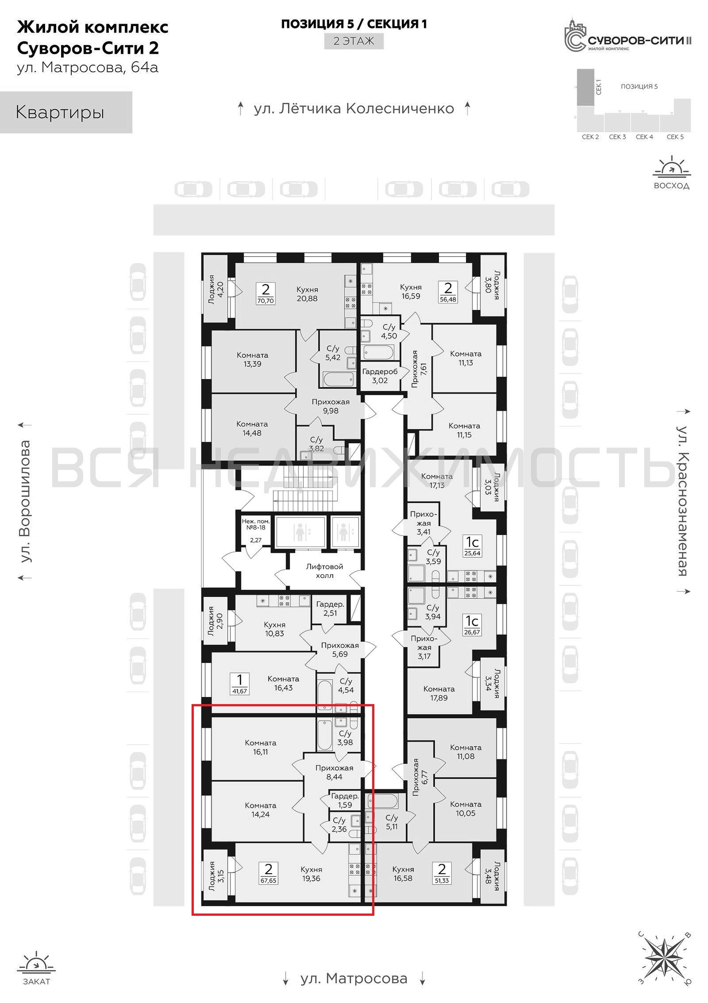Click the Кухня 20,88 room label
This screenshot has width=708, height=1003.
(307, 294)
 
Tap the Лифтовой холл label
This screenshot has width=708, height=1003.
(325, 571)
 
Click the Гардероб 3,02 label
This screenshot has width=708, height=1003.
(380, 376)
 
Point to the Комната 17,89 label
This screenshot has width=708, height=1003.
(439, 693)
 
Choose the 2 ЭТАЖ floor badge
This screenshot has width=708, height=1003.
(354, 41)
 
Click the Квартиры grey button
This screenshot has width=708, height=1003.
(66, 112)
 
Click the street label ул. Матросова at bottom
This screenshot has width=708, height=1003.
(354, 978)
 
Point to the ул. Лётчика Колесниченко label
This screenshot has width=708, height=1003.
(354, 108)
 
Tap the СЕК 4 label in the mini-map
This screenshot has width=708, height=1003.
(644, 136)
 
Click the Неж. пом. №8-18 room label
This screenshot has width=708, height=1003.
(256, 525)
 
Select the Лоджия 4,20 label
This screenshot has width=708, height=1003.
(216, 289)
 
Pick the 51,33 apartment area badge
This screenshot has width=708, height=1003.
(442, 880)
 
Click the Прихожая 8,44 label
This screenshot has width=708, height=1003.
(334, 772)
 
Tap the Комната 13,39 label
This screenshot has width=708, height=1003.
(253, 360)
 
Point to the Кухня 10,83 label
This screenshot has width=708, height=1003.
(275, 629)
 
